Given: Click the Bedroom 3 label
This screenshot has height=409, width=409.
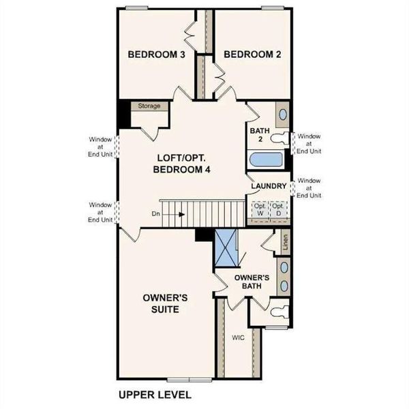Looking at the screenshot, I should click(157, 55).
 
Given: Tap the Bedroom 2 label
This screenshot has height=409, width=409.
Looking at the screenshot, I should click(252, 55).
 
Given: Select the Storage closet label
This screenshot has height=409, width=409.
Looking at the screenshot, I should click(149, 106).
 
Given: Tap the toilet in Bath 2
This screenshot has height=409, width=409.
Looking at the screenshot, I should click(279, 138).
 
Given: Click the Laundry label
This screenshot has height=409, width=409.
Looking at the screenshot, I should click(267, 186).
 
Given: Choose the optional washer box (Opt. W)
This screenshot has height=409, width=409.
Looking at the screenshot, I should click(260, 210).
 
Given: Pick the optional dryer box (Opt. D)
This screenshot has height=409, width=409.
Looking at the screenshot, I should click(277, 210).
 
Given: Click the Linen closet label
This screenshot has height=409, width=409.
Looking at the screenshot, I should click(286, 243).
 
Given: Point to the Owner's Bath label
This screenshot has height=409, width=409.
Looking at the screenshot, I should click(252, 282).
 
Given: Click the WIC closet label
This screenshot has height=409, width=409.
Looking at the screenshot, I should click(237, 337).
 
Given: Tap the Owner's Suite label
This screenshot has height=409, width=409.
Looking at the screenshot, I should click(161, 303).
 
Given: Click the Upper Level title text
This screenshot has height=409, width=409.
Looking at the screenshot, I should click(154, 395).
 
